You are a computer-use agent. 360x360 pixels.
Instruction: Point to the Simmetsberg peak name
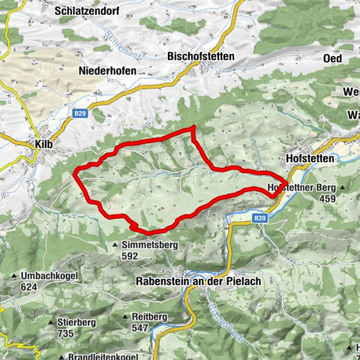click(150, 245)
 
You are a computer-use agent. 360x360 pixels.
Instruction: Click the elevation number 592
click(130, 256)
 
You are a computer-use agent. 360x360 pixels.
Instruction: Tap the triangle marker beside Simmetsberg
click(115, 245)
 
